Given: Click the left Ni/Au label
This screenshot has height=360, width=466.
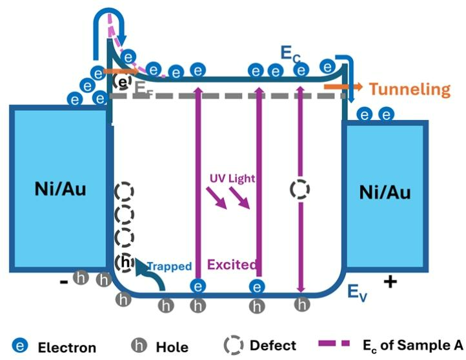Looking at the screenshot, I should click(59, 189).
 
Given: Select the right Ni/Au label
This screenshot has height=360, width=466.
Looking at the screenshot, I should click(385, 192).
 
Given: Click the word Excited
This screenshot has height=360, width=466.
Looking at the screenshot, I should click(232, 264).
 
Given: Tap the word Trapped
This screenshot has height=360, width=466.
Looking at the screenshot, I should click(169, 265).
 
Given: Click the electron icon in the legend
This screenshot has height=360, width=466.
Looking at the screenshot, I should click(21, 345).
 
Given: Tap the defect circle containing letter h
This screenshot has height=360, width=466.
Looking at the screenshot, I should click(125, 263).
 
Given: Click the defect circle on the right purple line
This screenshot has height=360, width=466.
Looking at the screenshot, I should click(299, 189).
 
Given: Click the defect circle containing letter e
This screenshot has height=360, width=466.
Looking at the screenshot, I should click(121, 82).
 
